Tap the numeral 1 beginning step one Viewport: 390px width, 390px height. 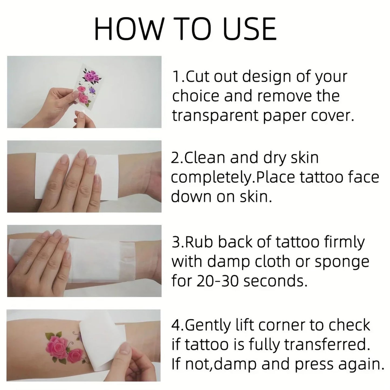pyautogui.click(x=175, y=77)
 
